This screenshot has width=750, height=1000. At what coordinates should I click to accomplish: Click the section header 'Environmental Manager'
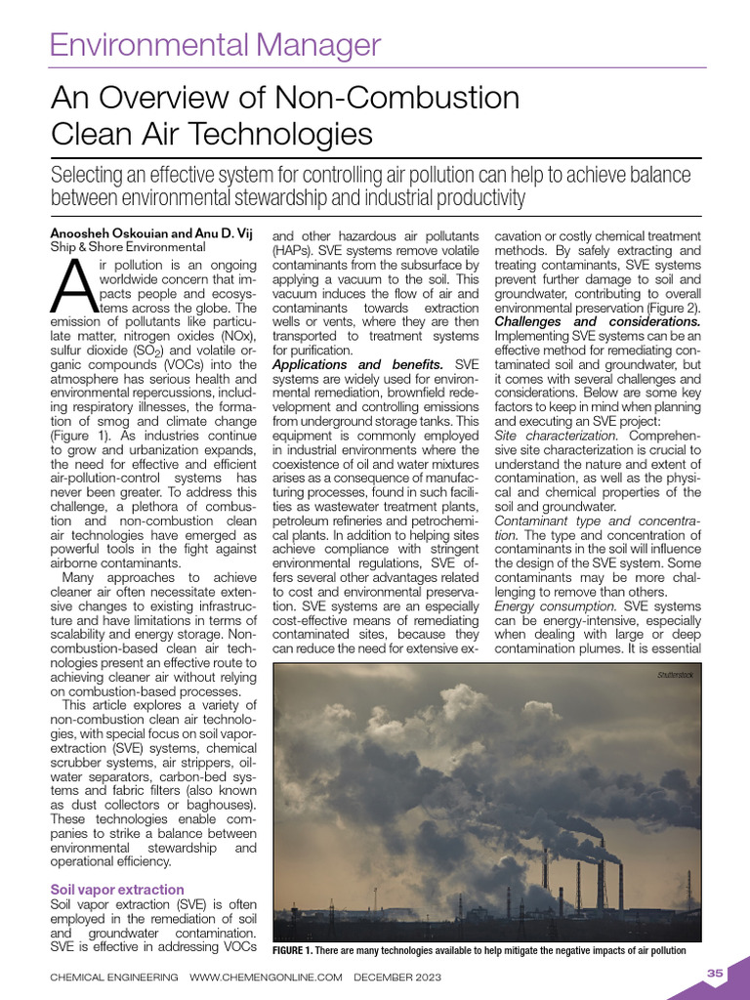(215, 44)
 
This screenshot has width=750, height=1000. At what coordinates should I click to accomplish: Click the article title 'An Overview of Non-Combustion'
(284, 99)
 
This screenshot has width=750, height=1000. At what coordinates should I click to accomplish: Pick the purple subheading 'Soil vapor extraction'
(116, 890)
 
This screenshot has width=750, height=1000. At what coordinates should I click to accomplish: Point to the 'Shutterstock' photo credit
(674, 675)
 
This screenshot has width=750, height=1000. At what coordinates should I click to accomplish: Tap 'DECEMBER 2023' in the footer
(397, 978)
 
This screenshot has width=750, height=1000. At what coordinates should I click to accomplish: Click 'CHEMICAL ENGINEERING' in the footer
(114, 978)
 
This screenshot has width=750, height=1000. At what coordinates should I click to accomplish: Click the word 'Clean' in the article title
(93, 133)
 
